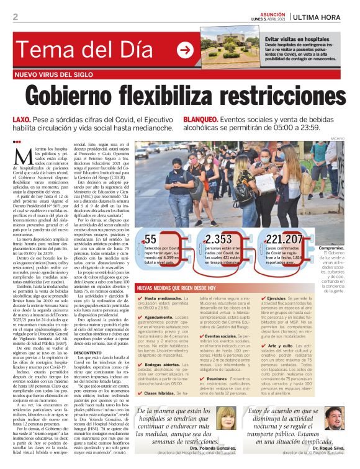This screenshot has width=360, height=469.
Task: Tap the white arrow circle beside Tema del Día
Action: click(185, 49)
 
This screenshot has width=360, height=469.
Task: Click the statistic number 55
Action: click(150, 239)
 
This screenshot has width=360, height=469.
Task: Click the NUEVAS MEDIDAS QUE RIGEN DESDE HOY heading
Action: click(181, 288)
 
